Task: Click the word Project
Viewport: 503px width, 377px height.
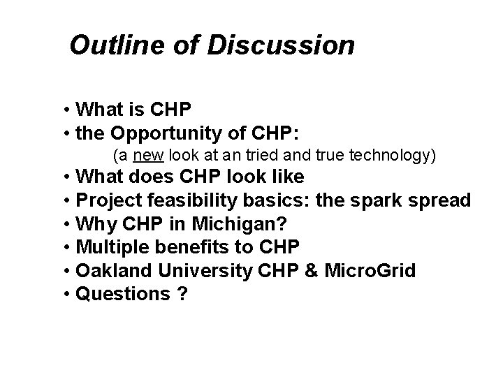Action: [x=109, y=201]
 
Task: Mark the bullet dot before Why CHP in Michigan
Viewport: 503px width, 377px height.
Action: [x=65, y=225]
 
